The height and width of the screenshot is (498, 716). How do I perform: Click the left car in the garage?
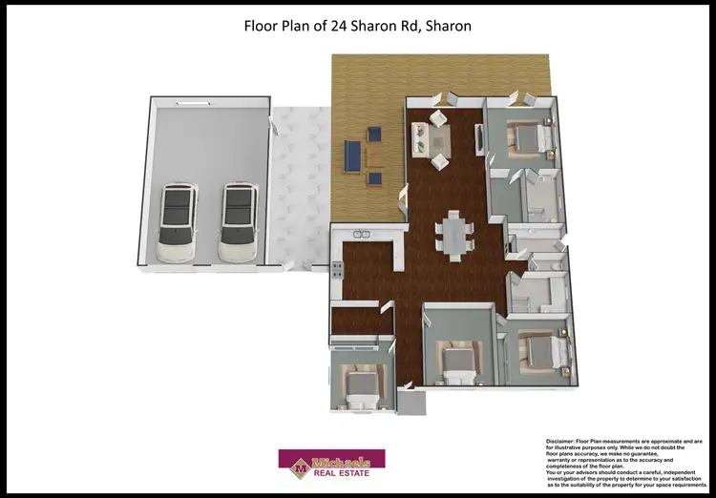point(177,223)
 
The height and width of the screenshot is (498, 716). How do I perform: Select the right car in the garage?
point(237,223)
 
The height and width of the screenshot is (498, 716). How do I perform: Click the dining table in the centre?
point(454,235)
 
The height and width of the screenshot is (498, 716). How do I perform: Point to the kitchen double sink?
point(361,234)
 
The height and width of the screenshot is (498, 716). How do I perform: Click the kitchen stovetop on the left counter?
point(337,270)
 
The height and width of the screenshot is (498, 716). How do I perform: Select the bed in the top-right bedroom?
point(527,138)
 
